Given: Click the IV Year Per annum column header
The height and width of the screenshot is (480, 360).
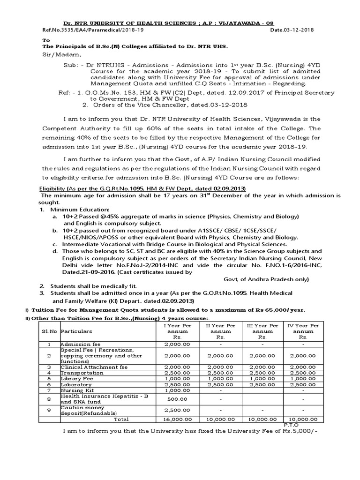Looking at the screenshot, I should click(303, 331).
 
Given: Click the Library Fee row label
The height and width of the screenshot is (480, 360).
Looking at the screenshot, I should click(75, 378).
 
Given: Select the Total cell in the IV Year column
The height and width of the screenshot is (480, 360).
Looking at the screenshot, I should click(303, 419).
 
